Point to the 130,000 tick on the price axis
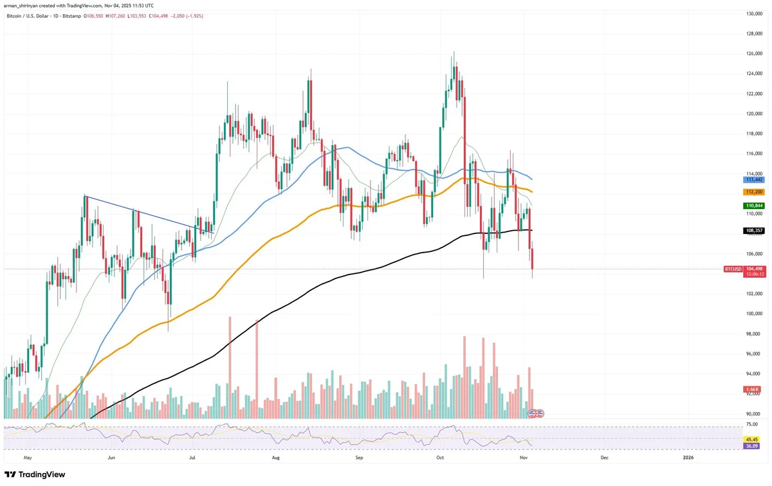point(754,14)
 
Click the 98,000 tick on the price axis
point(754,334)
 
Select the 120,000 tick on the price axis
point(754,114)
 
